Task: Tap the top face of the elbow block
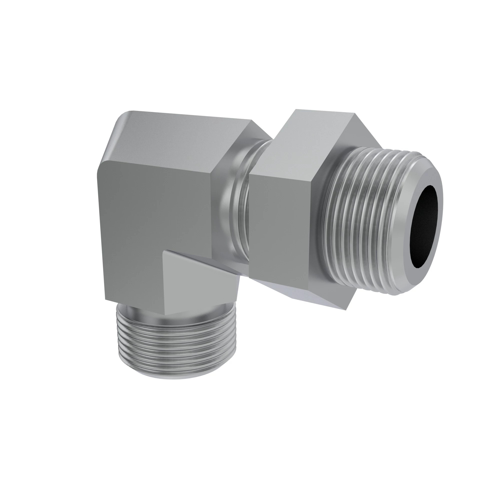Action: coord(181,137)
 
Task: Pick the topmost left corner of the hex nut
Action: coord(296,110)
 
